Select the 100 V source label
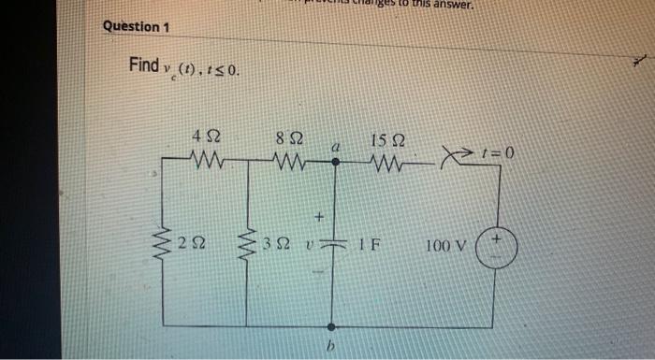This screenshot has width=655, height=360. [445, 247]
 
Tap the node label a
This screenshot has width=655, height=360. [332, 147]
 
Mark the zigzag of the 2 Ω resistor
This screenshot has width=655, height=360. [164, 246]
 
